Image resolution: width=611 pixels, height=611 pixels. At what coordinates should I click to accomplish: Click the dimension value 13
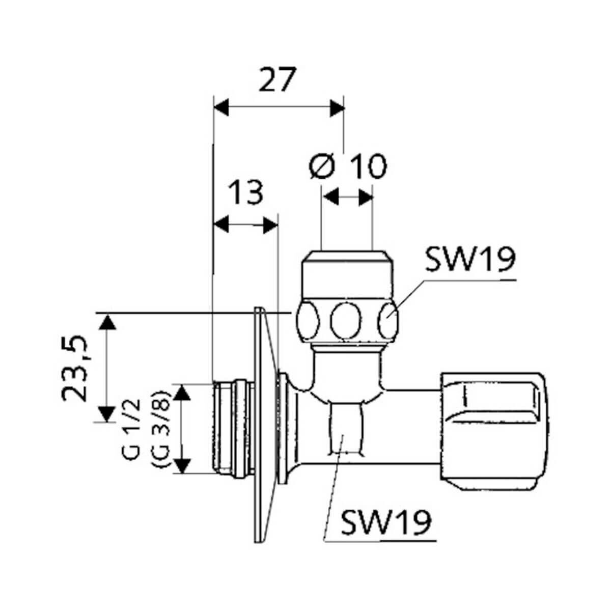245,192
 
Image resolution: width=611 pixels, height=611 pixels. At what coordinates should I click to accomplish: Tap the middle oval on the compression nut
346,321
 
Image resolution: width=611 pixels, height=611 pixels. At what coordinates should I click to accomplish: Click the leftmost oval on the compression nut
309,321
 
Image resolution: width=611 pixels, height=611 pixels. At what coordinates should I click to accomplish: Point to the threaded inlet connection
232,428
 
